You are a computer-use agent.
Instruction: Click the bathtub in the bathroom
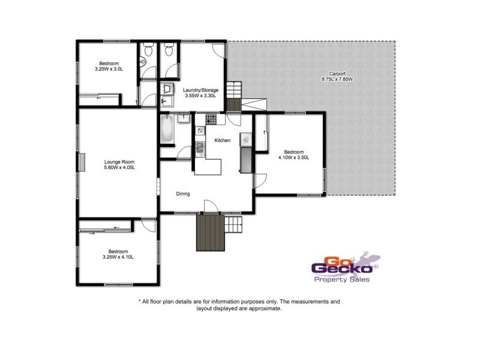point(167,128)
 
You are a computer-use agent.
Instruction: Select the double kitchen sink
point(200,147)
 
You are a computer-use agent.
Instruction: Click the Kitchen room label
point(223,140)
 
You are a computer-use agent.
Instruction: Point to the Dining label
point(183,194)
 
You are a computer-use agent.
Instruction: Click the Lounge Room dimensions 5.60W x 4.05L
point(119,167)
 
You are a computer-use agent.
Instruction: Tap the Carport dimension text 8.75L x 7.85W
point(338,79)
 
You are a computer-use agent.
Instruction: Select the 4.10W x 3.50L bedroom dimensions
point(294,157)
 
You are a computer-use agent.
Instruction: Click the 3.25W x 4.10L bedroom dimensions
point(118,257)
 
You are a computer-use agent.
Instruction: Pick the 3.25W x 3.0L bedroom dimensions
point(109,69)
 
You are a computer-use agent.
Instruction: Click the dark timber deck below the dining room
point(209,232)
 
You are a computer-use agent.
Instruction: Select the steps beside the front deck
point(235,226)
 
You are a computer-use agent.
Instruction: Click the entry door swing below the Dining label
point(211,206)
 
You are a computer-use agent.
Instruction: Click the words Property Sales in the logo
point(342,279)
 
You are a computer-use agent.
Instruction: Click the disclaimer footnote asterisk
point(139,302)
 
